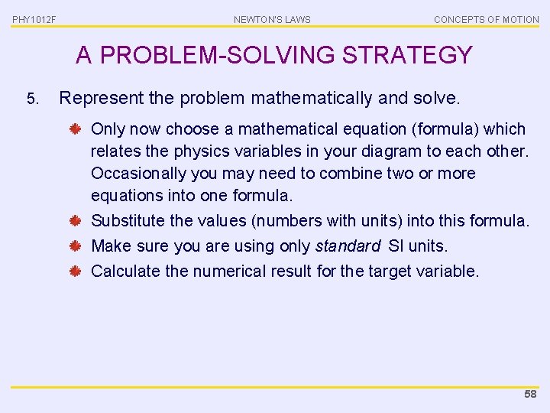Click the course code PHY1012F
(x=34, y=19)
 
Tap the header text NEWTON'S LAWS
(x=272, y=19)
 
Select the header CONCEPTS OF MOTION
(x=487, y=19)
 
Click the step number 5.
(x=31, y=99)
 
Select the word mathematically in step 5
(x=299, y=98)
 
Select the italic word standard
(x=348, y=246)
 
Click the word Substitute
(x=128, y=221)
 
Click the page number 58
(x=530, y=395)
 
